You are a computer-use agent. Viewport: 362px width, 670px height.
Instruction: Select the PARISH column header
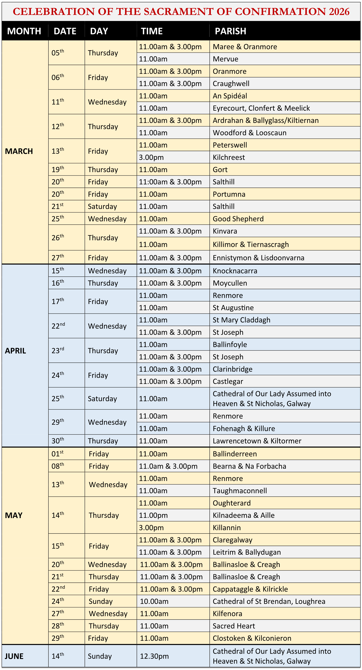[x=230, y=31]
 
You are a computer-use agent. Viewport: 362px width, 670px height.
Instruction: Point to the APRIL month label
[x=15, y=351]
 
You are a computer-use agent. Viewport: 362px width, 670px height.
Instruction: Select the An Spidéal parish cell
[x=230, y=96]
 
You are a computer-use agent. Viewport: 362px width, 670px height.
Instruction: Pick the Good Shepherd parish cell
[x=238, y=219]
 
